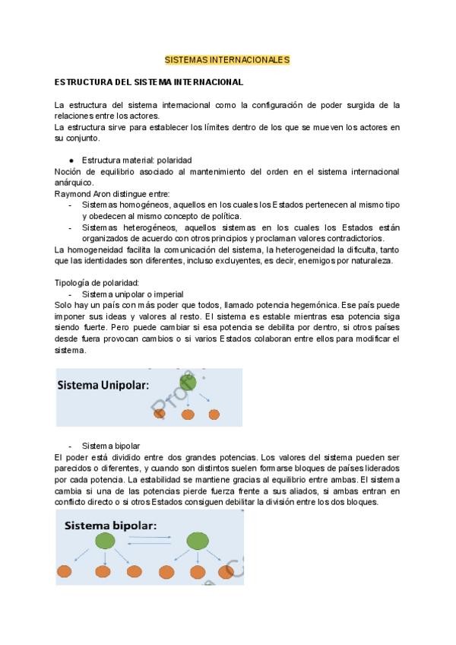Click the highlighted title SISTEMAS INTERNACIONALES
pos(227,59)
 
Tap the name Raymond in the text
pos(71,194)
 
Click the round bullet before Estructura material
pos(71,160)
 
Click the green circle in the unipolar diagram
pos(188,382)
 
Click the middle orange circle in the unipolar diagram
pos(188,415)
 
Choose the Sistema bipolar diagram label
pos(110,526)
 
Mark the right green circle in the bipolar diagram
pos(198,541)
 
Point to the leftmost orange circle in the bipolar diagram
pos(66,571)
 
